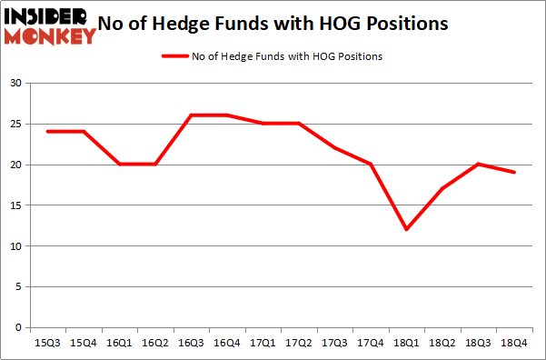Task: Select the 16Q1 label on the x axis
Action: tap(120, 344)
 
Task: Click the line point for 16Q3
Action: tap(192, 115)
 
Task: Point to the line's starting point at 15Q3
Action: tap(47, 132)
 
